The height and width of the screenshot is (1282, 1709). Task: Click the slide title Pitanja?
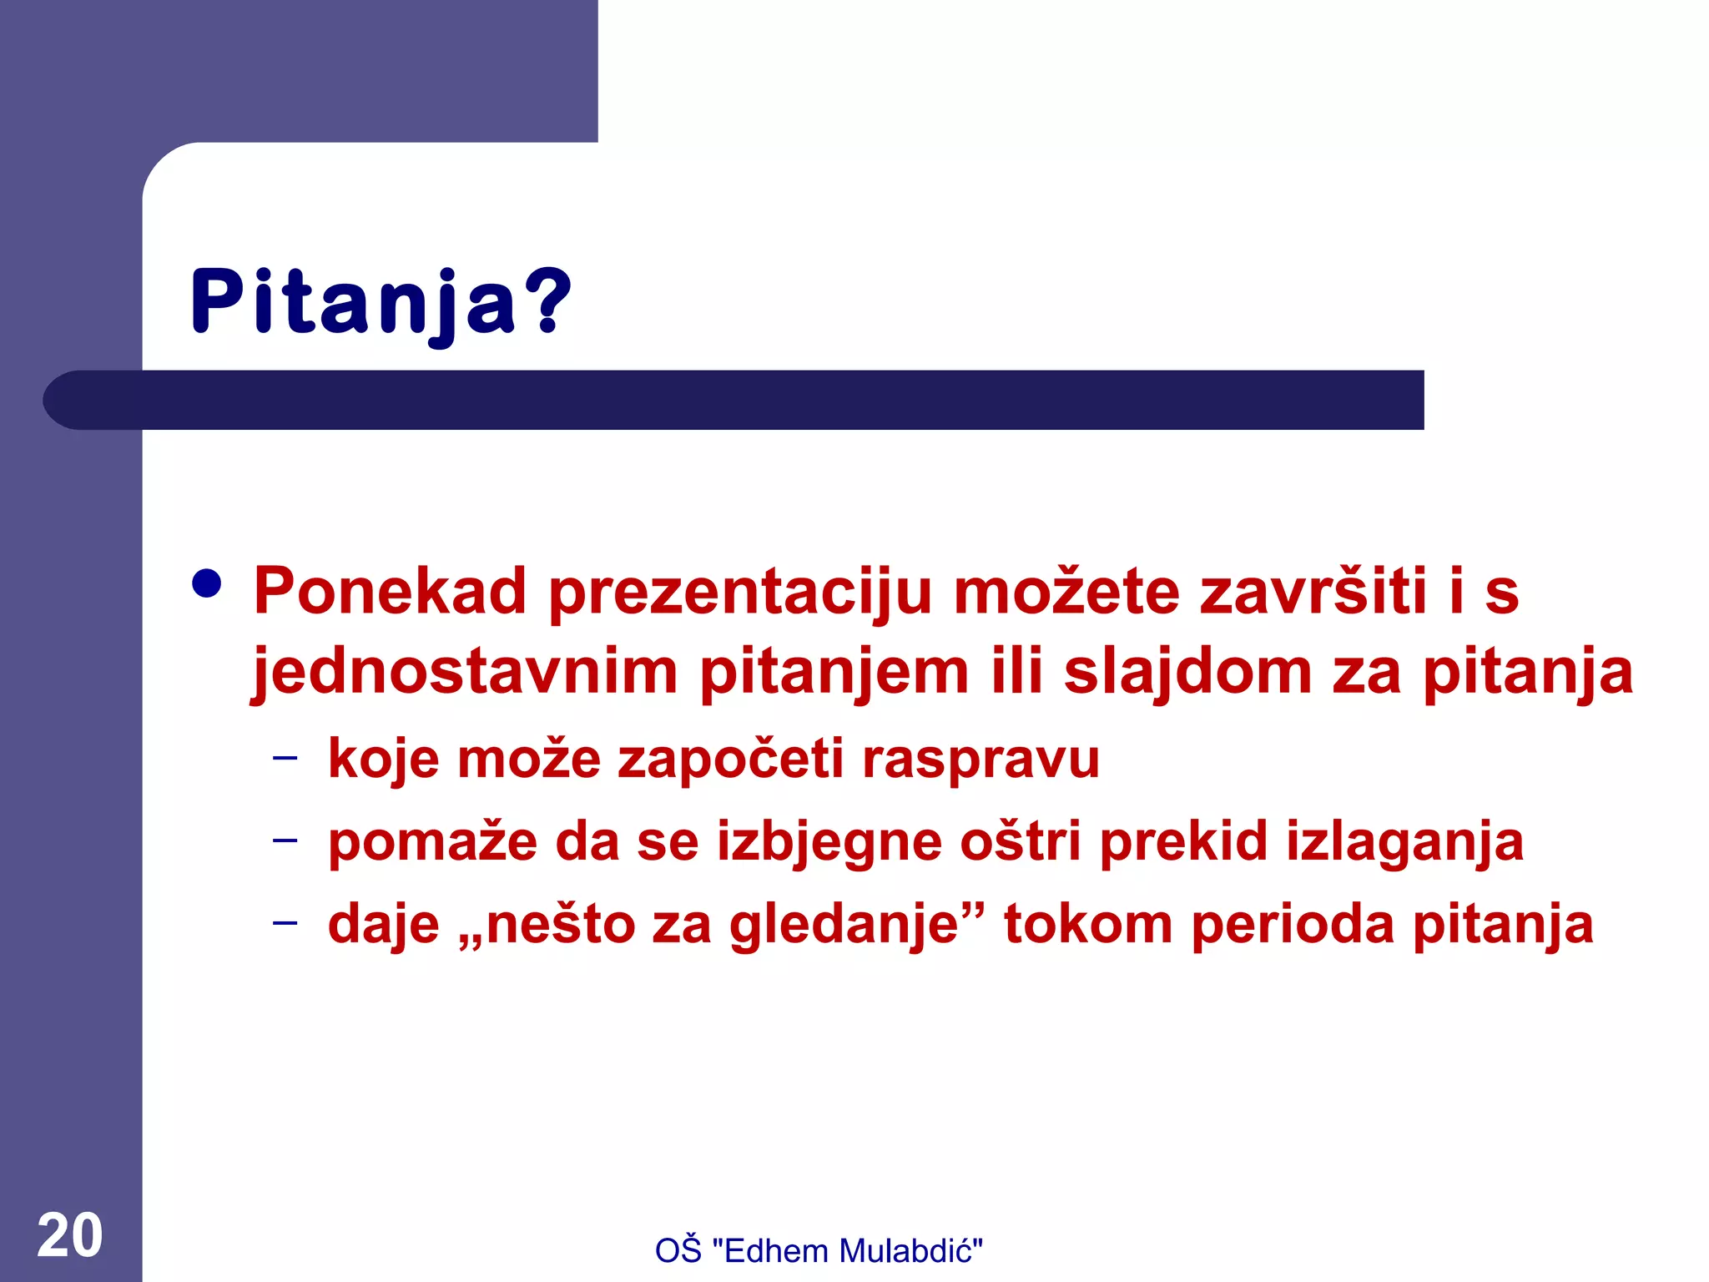[381, 302]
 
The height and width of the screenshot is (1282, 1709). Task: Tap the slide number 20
[70, 1236]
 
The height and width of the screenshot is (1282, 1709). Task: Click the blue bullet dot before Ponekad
[207, 584]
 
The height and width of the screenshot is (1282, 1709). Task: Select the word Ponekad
[390, 592]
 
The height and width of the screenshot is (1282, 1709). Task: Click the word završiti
[1313, 592]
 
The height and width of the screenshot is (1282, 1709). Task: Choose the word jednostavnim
[464, 673]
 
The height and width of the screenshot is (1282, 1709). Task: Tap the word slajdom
[1187, 673]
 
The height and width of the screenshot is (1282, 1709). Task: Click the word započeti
[730, 760]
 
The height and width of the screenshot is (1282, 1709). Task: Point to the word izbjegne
[828, 842]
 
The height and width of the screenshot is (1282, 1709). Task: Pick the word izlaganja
[1404, 842]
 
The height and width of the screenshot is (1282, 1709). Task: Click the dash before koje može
[285, 758]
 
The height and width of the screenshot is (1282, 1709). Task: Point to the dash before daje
[285, 922]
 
